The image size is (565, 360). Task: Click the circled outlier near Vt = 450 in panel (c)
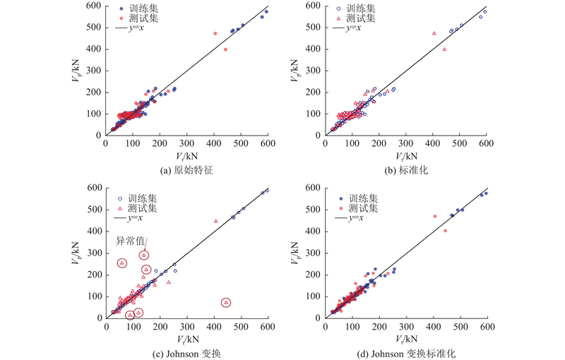pos(226,302)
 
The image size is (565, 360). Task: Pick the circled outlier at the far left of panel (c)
pos(121,263)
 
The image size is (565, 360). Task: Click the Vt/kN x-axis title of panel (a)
pos(186,154)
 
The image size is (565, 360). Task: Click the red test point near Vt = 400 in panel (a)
pos(215,33)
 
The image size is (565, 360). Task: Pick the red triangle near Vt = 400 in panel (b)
pos(434,33)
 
